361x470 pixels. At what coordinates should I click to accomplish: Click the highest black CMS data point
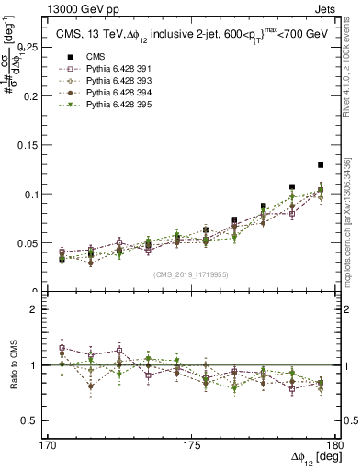coord(321,165)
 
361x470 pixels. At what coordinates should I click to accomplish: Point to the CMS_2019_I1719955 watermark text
coord(190,274)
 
